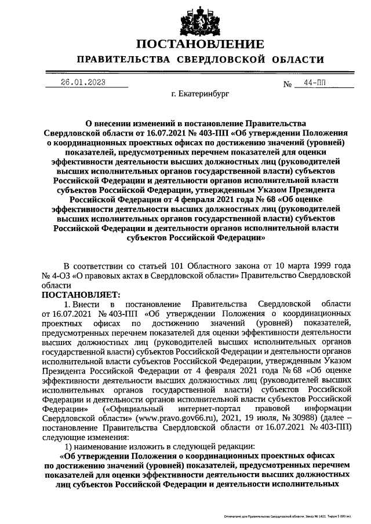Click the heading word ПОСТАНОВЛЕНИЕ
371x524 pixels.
pyautogui.click(x=200, y=44)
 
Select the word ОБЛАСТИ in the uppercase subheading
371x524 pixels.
pyautogui.click(x=297, y=60)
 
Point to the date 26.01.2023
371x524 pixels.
pyautogui.click(x=83, y=82)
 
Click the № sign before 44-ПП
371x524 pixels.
pyautogui.click(x=287, y=84)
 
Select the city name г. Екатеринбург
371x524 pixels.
pyautogui.click(x=201, y=93)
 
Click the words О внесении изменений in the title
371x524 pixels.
pyautogui.click(x=128, y=123)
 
